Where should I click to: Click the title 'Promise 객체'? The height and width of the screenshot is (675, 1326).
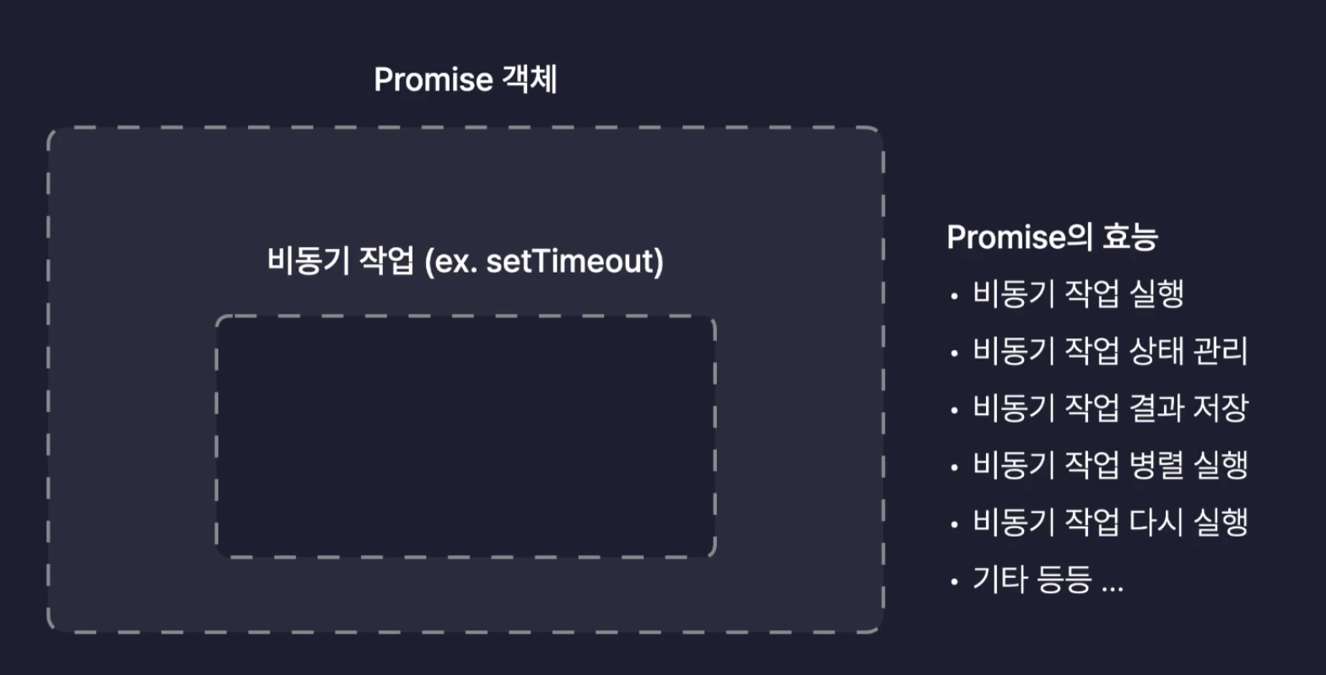pyautogui.click(x=465, y=79)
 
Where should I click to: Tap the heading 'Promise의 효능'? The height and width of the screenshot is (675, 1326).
pyautogui.click(x=1052, y=237)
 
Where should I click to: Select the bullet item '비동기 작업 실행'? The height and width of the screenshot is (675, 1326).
pyautogui.click(x=1078, y=294)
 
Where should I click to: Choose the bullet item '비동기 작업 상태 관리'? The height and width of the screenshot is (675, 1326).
pyautogui.click(x=1109, y=351)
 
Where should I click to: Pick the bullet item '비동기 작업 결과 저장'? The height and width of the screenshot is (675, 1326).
pyautogui.click(x=1109, y=408)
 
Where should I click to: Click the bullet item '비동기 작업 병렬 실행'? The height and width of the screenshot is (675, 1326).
pyautogui.click(x=1109, y=465)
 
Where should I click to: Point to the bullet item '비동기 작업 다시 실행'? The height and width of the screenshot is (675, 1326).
pyautogui.click(x=1109, y=522)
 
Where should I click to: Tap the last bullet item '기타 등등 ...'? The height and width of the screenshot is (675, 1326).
pyautogui.click(x=1048, y=580)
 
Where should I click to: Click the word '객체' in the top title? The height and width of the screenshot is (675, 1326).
pyautogui.click(x=530, y=79)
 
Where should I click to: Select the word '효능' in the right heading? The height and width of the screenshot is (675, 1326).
pyautogui.click(x=1130, y=237)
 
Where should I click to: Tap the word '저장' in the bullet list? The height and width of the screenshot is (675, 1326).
pyautogui.click(x=1220, y=408)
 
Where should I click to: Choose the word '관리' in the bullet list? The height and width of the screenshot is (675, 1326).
pyautogui.click(x=1220, y=351)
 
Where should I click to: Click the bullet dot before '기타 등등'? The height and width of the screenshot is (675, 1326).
pyautogui.click(x=954, y=581)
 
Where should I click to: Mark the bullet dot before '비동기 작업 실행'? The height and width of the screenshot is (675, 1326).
pyautogui.click(x=954, y=296)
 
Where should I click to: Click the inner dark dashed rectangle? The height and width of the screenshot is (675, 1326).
pyautogui.click(x=466, y=436)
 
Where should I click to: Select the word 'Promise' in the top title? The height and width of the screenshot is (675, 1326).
pyautogui.click(x=433, y=79)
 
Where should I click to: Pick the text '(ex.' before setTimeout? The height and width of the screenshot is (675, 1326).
pyautogui.click(x=450, y=262)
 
